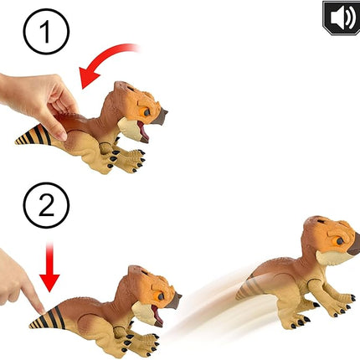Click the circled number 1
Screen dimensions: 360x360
[46, 31]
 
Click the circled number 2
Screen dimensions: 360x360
[46, 205]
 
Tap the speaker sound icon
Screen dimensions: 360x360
[342, 18]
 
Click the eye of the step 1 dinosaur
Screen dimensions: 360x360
[146, 112]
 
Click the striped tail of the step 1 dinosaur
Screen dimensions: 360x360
[33, 136]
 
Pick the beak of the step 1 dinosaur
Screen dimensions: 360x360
[161, 116]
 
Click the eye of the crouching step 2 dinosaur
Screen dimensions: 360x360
[161, 296]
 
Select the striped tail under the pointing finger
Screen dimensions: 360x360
[48, 318]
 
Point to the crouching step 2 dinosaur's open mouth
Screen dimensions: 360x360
[157, 314]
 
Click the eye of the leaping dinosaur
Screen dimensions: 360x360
[340, 241]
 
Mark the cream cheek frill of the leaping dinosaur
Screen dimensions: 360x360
[331, 257]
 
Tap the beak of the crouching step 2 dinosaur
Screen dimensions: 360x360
[174, 301]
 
